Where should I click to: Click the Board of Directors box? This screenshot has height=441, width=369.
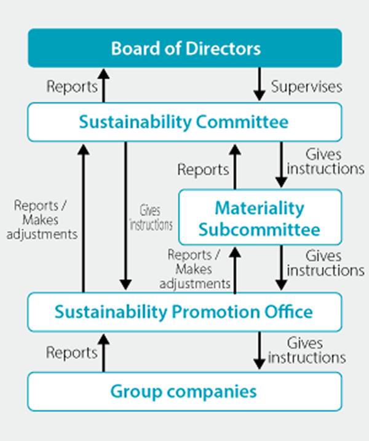click(184, 48)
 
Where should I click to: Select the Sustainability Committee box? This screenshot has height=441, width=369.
click(184, 121)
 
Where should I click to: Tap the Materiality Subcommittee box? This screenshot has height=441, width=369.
click(260, 218)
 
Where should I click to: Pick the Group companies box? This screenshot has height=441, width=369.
click(184, 390)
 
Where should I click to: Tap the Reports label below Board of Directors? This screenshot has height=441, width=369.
click(72, 86)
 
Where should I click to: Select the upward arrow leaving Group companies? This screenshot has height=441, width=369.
click(104, 352)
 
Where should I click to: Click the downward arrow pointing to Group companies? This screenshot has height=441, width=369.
click(260, 351)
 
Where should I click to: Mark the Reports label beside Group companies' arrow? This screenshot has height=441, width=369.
click(72, 353)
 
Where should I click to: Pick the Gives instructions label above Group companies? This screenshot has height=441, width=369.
click(307, 350)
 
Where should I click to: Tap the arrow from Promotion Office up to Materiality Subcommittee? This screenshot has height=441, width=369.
click(234, 269)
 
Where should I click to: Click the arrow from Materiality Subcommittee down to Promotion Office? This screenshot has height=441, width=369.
click(282, 268)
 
